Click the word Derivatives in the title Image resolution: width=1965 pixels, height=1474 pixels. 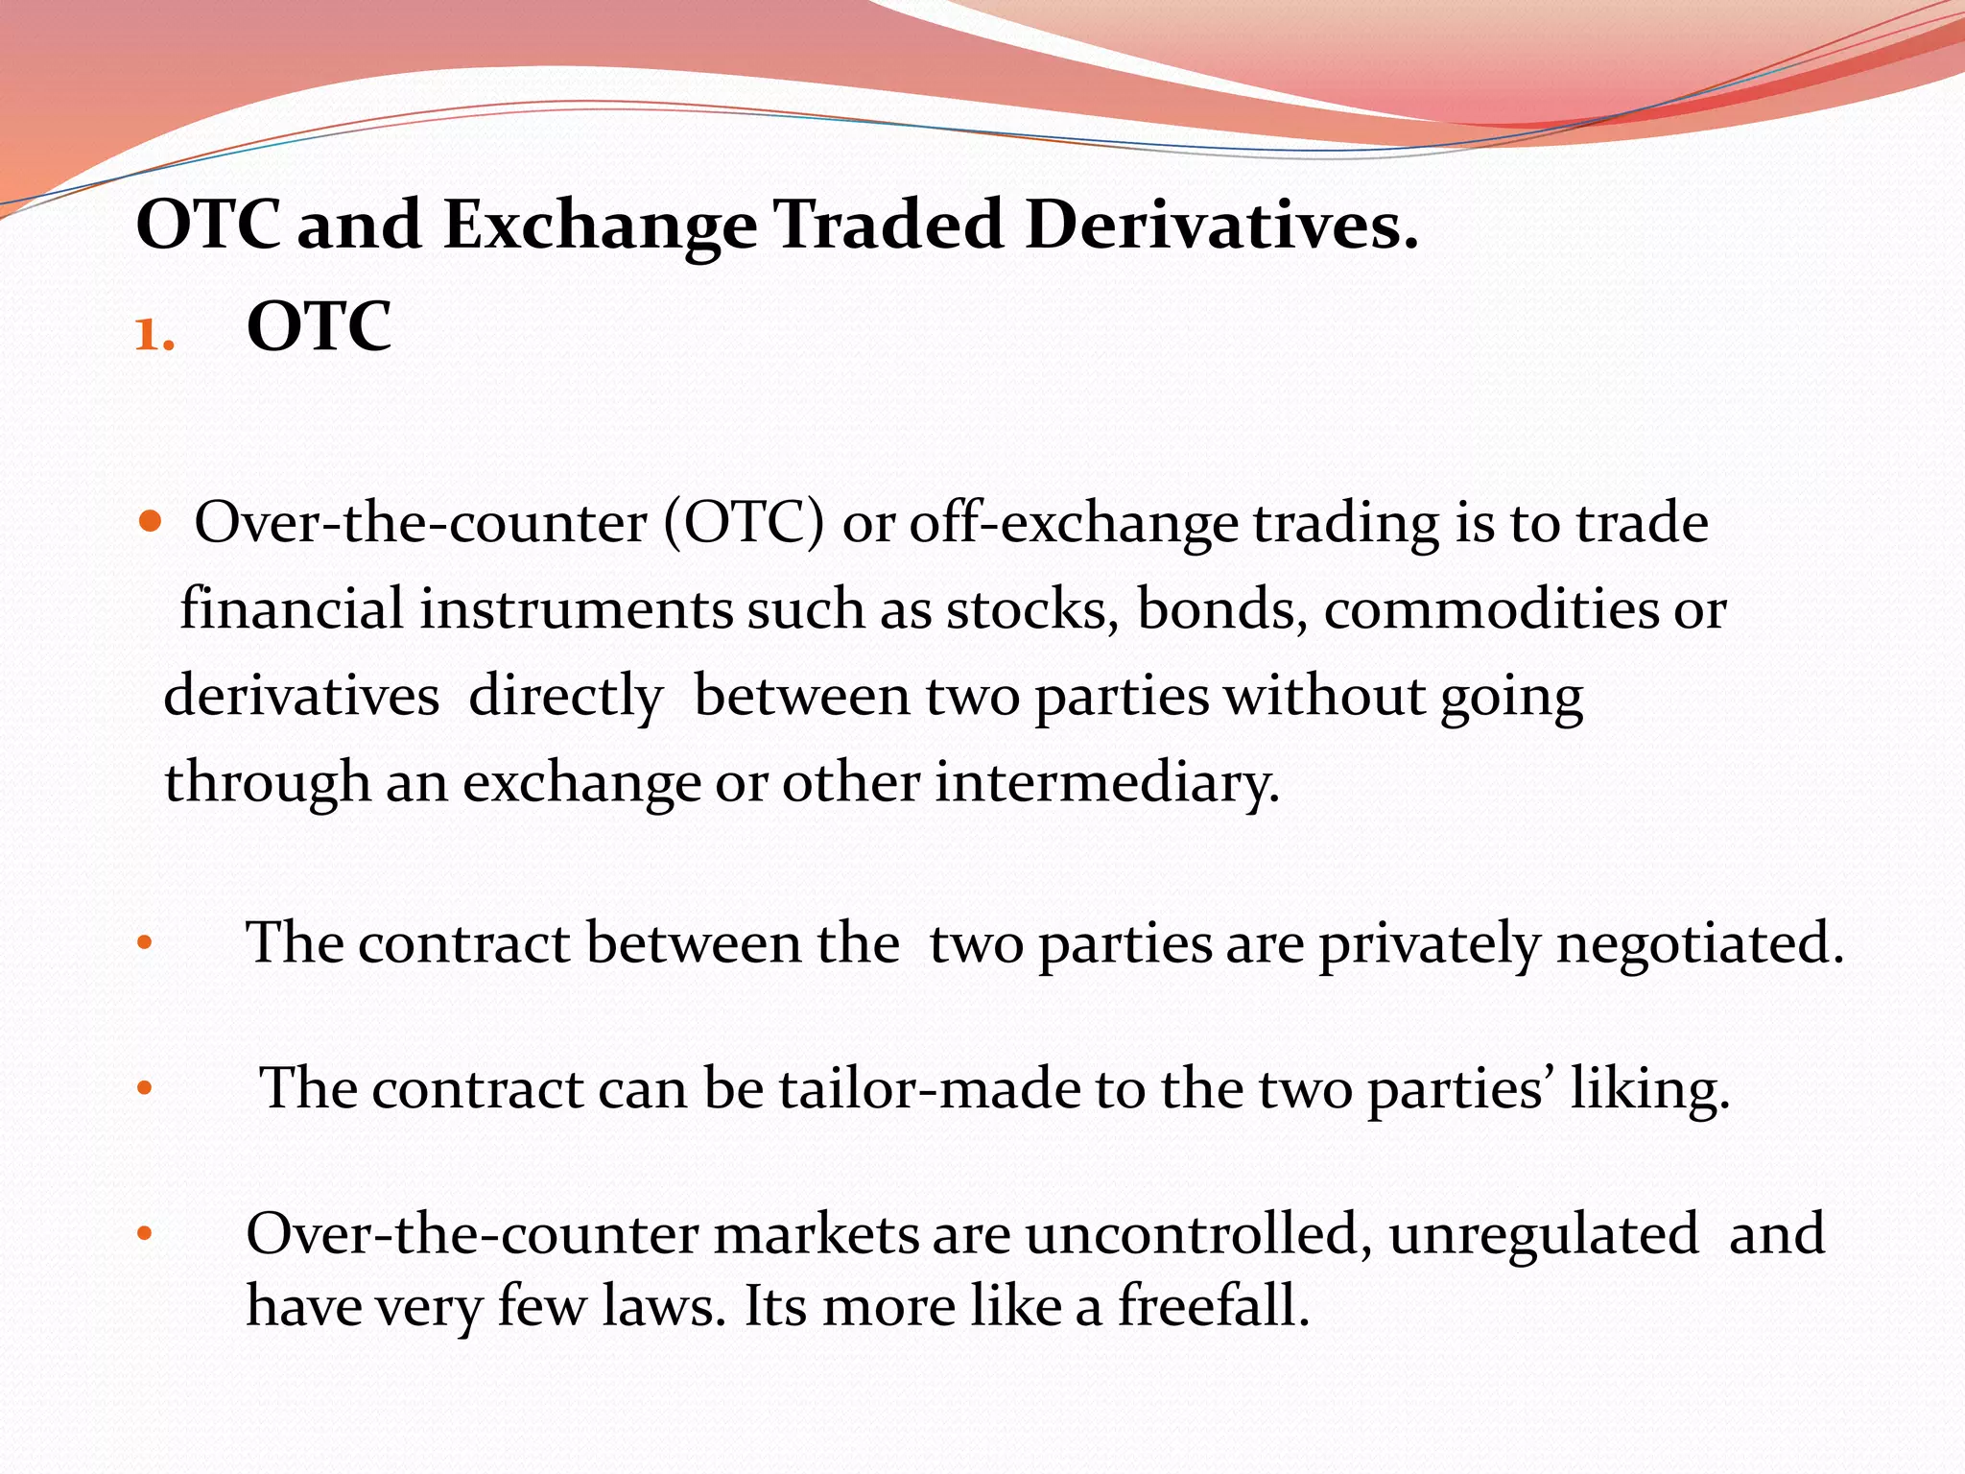[1220, 226]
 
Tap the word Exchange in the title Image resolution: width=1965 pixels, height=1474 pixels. [600, 226]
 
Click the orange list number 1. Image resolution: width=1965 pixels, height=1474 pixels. [154, 336]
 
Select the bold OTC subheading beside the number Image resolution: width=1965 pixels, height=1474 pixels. [319, 328]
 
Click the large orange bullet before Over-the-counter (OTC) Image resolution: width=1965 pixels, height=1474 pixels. [150, 523]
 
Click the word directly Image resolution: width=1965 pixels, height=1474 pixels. [565, 697]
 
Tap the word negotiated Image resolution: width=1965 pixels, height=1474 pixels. [1699, 944]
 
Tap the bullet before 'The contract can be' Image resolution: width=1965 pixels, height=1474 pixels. [145, 1089]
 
